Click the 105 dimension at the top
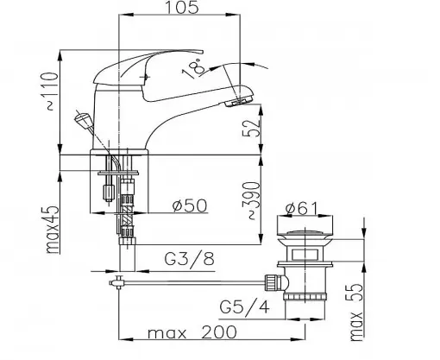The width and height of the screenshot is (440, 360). coord(182,7)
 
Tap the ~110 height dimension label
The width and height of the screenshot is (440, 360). coord(53,92)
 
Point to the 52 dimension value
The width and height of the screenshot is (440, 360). coord(252,128)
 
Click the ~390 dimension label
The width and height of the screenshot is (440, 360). coord(251,200)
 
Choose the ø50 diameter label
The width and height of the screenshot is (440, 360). coord(190,205)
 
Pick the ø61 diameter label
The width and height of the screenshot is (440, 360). coord(302,208)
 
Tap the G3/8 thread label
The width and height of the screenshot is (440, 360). coord(190,259)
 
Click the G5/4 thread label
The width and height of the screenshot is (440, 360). coord(245,306)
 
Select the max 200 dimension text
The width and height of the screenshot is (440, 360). coord(192,332)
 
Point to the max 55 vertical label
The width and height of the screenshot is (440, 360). coord(356,313)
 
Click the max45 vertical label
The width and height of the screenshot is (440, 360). coord(53,229)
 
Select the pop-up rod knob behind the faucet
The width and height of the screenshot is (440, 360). coord(83,120)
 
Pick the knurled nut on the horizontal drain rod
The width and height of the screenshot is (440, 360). coord(272,283)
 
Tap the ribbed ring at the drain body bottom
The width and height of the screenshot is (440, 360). coord(305,296)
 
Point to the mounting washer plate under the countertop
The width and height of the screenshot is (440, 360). coord(118,173)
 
